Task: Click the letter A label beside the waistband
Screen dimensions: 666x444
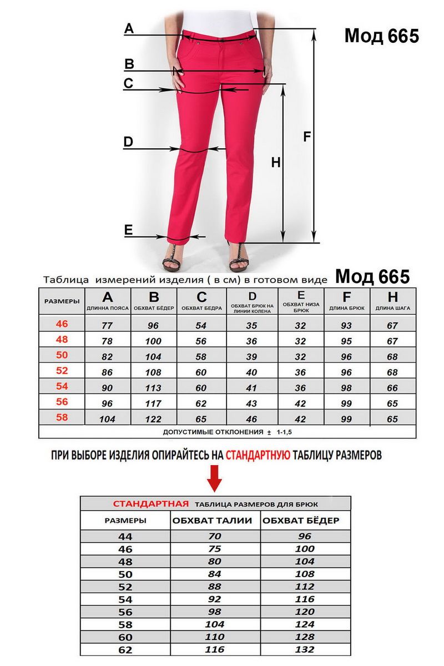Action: pyautogui.click(x=129, y=29)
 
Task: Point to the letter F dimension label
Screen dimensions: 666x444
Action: pyautogui.click(x=307, y=137)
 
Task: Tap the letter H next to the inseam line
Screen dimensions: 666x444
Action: pyautogui.click(x=276, y=163)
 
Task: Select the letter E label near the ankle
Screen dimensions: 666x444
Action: pyautogui.click(x=128, y=230)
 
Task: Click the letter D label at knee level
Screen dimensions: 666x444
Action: pyautogui.click(x=128, y=142)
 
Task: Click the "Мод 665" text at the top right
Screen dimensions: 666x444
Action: pyautogui.click(x=381, y=36)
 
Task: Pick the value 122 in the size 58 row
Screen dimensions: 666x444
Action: pyautogui.click(x=153, y=420)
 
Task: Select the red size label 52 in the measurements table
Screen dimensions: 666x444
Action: pyautogui.click(x=62, y=370)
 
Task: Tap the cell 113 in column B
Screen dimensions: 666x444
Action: pyautogui.click(x=153, y=389)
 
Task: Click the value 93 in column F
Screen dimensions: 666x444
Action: pyautogui.click(x=347, y=326)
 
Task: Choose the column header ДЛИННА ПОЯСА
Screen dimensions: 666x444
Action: pyautogui.click(x=108, y=307)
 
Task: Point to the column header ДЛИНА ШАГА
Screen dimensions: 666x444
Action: pyautogui.click(x=393, y=307)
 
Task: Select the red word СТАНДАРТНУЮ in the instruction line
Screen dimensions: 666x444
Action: pyautogui.click(x=258, y=456)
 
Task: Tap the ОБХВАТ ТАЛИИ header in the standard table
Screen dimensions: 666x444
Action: pyautogui.click(x=213, y=521)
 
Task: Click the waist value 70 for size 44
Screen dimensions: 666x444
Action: pyautogui.click(x=215, y=536)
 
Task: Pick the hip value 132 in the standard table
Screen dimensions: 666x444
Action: pyautogui.click(x=305, y=649)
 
